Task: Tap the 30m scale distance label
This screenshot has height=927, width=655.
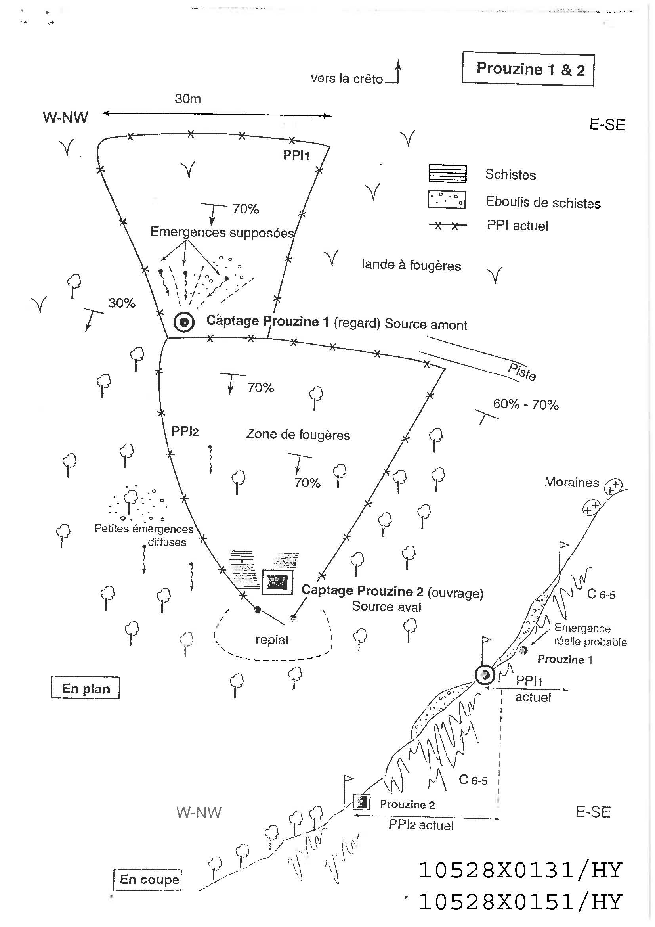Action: pos(188,98)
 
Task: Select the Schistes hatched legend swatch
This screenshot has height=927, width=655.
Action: pos(447,174)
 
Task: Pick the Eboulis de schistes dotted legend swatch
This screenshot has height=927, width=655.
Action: pos(447,199)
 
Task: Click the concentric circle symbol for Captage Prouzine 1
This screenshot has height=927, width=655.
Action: pos(184,322)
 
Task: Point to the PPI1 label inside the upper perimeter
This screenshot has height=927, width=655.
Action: pos(296,155)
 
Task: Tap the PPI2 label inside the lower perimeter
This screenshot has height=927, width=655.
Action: pos(185,431)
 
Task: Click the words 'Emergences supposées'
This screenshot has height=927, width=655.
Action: pos(222,232)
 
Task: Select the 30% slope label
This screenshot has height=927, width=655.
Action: pos(122,303)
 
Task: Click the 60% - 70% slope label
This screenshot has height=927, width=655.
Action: pos(525,404)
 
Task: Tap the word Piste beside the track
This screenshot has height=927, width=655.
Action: pos(522,372)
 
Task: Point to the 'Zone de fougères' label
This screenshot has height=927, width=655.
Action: pos(298,435)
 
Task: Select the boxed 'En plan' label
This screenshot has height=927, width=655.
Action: pos(86,688)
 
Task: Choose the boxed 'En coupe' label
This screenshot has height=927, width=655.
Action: pos(148,879)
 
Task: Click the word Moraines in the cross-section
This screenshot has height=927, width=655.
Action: pos(571,482)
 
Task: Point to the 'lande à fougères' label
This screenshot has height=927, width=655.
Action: pos(411,265)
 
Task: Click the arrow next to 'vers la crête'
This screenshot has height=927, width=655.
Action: pos(397,71)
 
